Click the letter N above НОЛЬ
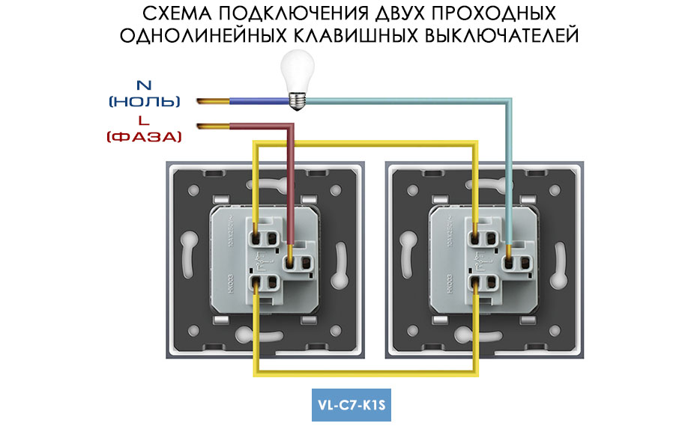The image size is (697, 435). point(142,85)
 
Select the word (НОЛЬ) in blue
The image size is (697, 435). point(145,101)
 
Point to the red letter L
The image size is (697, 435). point(142,121)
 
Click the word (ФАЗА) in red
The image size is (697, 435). point(145,136)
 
